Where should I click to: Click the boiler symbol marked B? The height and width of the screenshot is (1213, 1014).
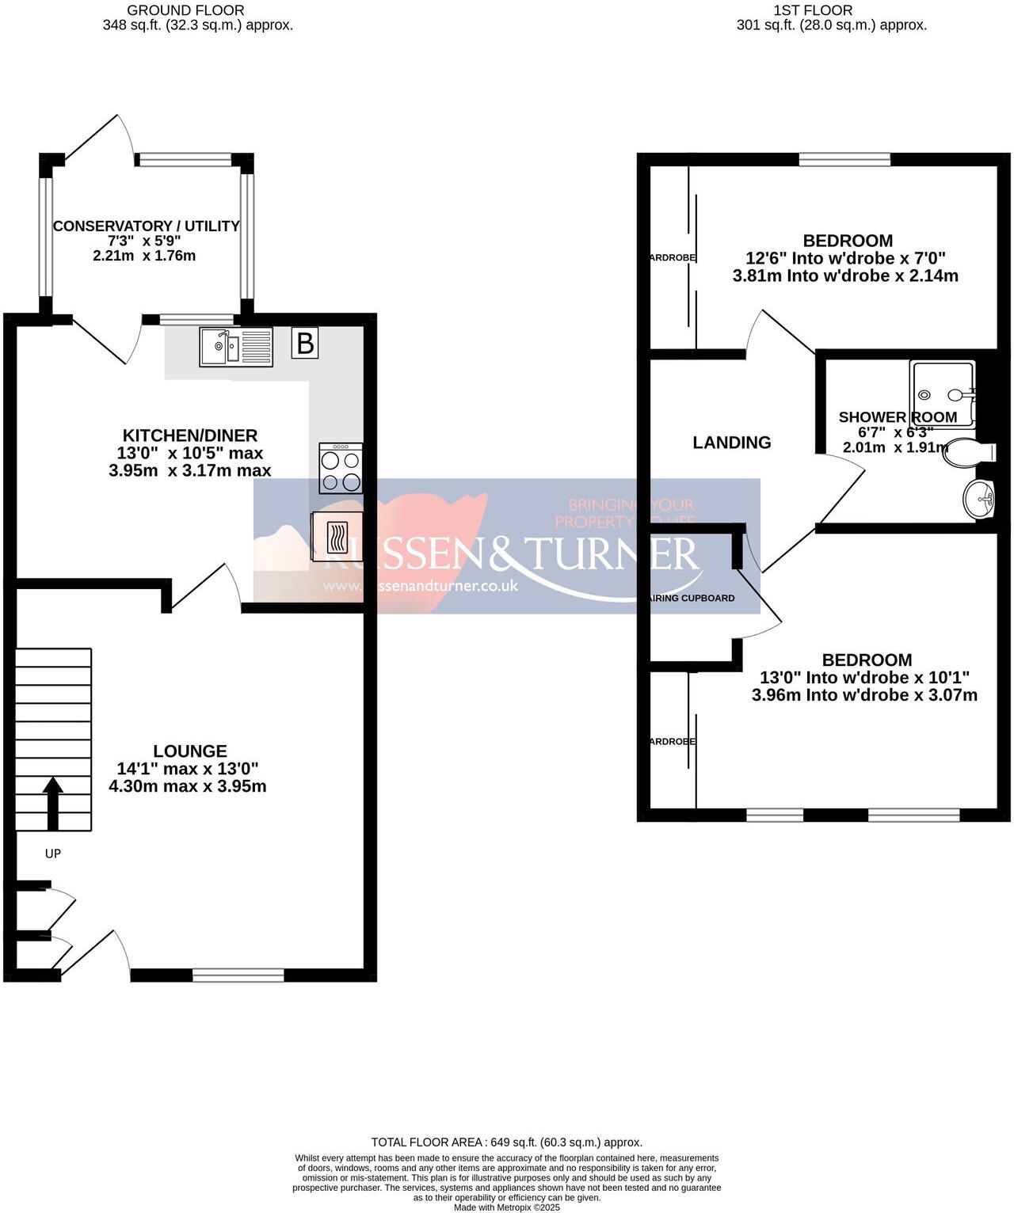(x=305, y=344)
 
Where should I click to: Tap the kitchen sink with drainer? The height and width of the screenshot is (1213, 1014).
(x=235, y=347)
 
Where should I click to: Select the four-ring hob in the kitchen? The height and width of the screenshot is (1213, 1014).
(x=341, y=469)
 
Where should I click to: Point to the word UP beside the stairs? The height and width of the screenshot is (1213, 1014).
(x=53, y=854)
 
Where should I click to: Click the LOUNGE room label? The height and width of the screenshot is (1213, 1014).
(x=190, y=751)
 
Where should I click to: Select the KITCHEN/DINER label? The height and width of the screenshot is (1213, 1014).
(x=190, y=435)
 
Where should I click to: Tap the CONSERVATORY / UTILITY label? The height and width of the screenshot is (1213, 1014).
(x=146, y=226)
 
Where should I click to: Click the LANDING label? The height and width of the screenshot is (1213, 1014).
(x=732, y=443)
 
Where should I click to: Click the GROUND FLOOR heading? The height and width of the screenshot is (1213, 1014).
(x=185, y=10)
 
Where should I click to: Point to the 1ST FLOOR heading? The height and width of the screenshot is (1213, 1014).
(x=813, y=10)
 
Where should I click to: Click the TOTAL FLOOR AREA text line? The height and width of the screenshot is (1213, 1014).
(x=507, y=1142)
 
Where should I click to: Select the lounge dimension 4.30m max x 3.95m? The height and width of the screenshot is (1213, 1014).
(x=188, y=786)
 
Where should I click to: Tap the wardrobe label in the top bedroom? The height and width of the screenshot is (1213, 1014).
(x=672, y=257)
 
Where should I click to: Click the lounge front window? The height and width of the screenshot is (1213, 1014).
(x=238, y=975)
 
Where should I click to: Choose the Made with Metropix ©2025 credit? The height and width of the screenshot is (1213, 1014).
(x=507, y=1207)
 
